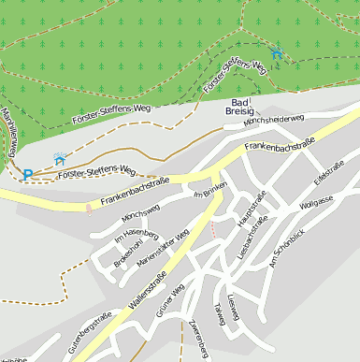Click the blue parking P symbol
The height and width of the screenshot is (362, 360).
tap(28, 173)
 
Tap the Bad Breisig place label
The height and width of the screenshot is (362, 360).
tap(240, 107)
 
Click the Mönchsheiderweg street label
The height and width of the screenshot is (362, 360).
tap(274, 120)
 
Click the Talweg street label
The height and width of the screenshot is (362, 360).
tap(221, 314)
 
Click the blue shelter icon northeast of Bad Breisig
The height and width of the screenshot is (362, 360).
tap(275, 52)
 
